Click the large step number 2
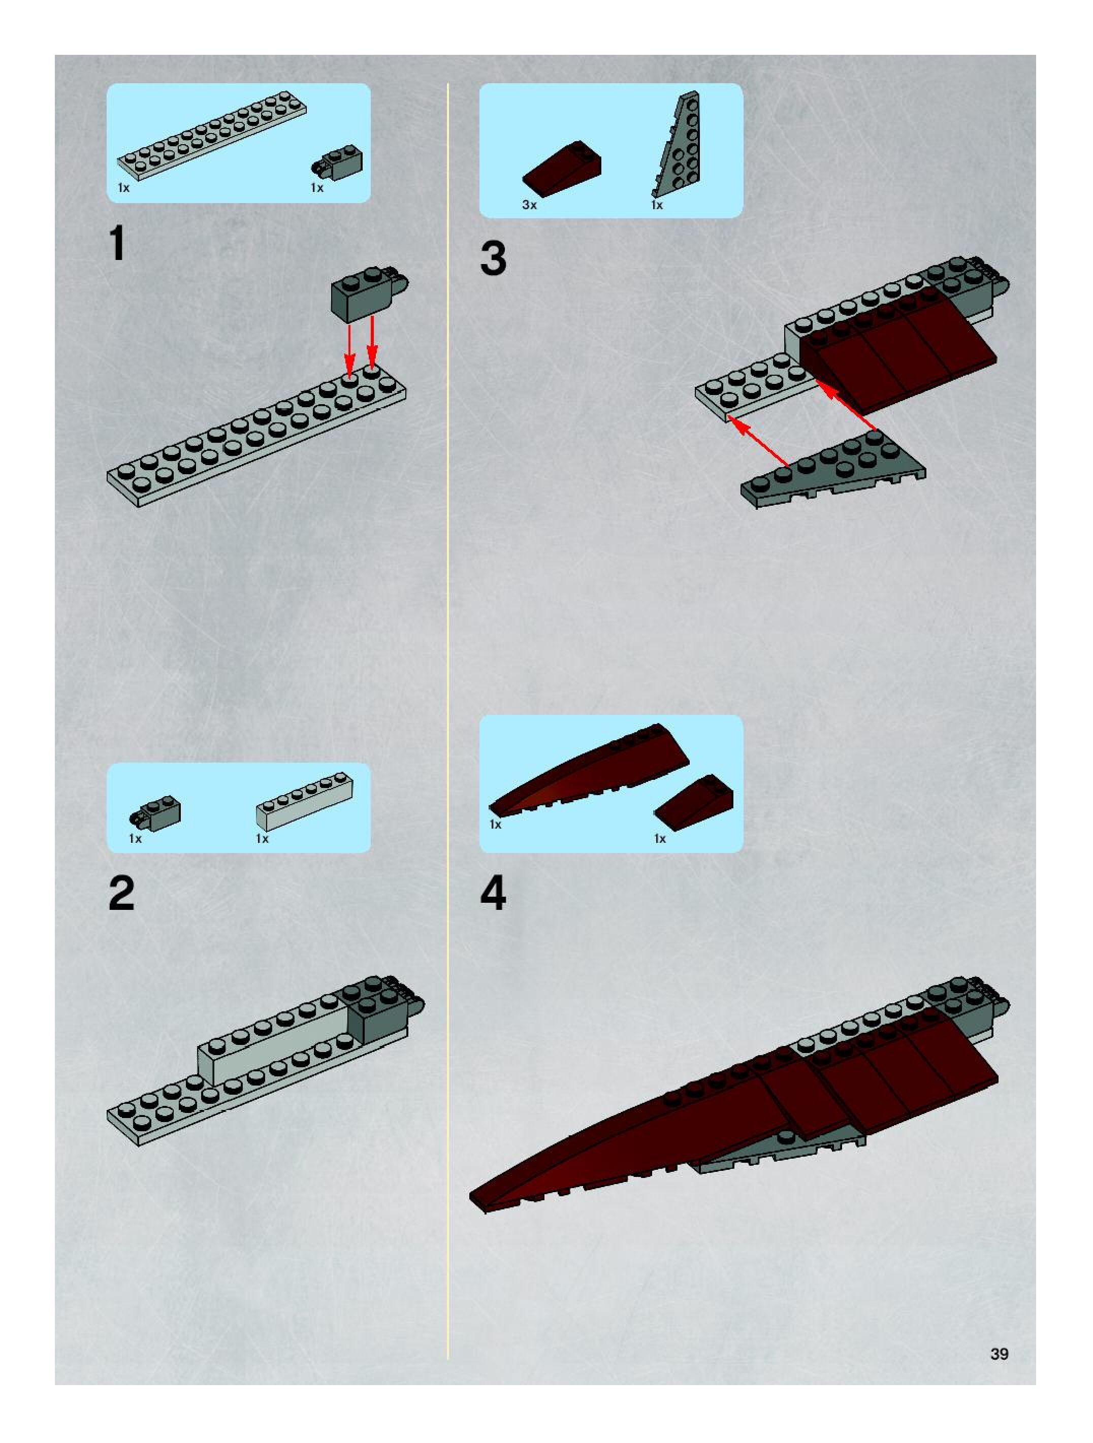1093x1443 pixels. [121, 894]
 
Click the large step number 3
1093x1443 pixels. [493, 258]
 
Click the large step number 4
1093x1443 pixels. [493, 894]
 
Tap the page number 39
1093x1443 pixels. [999, 1354]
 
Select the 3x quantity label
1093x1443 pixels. [529, 205]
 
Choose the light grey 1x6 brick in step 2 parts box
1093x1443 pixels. [304, 802]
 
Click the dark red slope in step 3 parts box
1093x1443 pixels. [561, 168]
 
